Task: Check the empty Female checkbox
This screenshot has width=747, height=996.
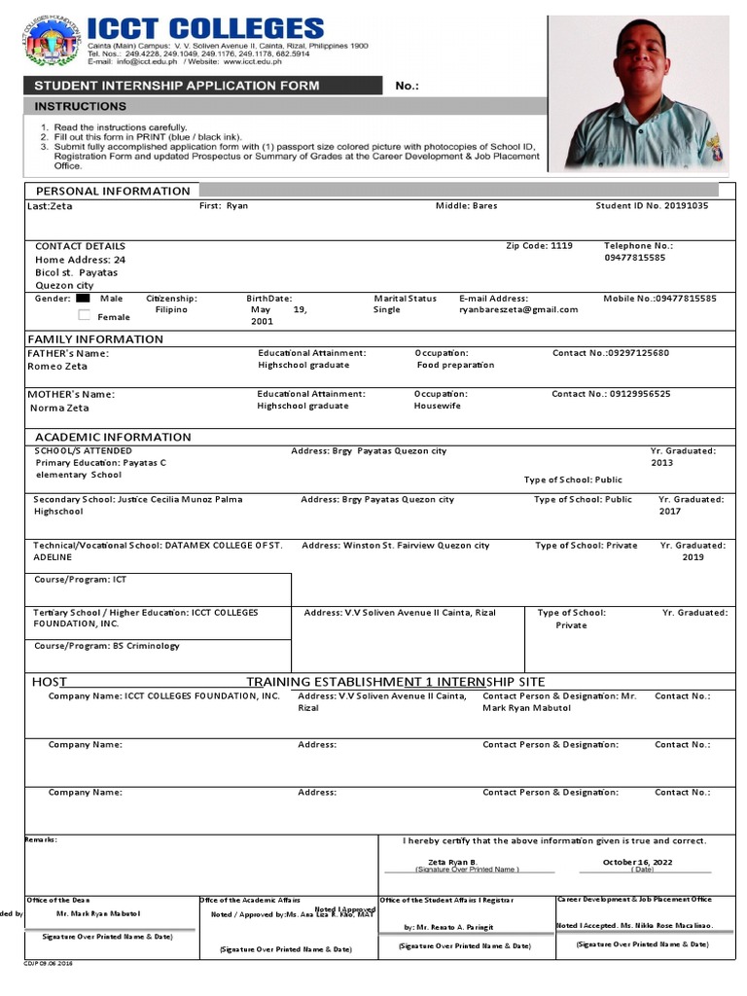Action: (x=84, y=315)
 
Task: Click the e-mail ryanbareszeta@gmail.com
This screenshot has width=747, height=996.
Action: (x=518, y=310)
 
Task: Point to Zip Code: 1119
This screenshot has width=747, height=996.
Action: (x=539, y=246)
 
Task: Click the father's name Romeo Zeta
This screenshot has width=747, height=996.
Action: (x=57, y=367)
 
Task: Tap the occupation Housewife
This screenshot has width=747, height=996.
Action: (x=437, y=406)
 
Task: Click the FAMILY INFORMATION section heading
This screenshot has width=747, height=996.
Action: (x=95, y=338)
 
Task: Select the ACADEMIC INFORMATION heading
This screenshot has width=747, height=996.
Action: (x=113, y=437)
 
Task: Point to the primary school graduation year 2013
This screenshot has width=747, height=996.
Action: (x=662, y=463)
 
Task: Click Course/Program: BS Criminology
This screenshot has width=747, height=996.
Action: (x=107, y=646)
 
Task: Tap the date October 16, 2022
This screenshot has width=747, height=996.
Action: (x=636, y=862)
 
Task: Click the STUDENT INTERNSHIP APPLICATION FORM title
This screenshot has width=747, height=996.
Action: (x=177, y=86)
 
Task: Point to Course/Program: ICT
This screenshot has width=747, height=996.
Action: (x=81, y=579)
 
